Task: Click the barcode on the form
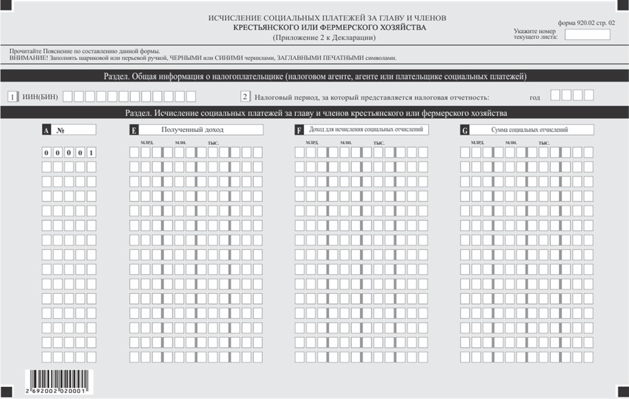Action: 59,379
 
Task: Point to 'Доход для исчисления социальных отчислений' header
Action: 366,129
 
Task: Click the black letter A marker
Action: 46,131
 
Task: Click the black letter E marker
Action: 133,131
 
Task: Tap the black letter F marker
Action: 299,131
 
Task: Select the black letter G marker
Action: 465,131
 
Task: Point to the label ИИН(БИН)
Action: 40,97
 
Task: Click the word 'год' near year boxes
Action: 535,98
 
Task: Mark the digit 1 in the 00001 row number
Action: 90,153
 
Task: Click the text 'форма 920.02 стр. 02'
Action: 587,22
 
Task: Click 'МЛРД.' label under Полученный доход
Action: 146,143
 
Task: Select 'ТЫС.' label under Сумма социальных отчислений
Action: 543,143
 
